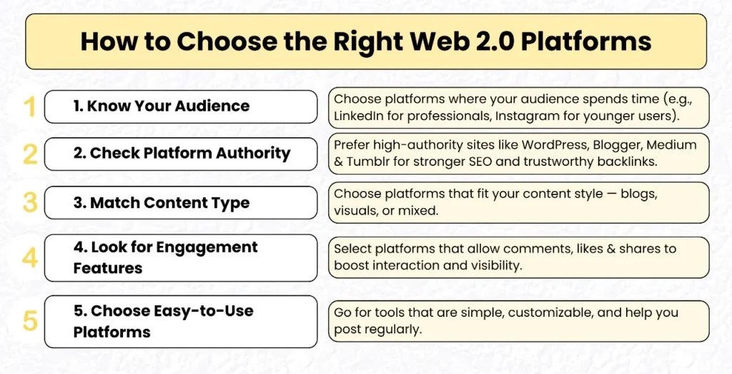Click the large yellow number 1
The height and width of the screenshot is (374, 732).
pos(29,107)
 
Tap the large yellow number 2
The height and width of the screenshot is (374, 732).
pos(30,154)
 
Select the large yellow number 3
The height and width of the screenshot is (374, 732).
pos(30,202)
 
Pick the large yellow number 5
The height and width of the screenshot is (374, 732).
pos(30,321)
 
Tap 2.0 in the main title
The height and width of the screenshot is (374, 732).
pos(487,41)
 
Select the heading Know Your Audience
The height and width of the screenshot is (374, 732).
pos(162,107)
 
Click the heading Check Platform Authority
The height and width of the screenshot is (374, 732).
pos(182,154)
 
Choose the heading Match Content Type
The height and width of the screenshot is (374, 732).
pos(162,202)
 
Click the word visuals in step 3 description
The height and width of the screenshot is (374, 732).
pos(355,212)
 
